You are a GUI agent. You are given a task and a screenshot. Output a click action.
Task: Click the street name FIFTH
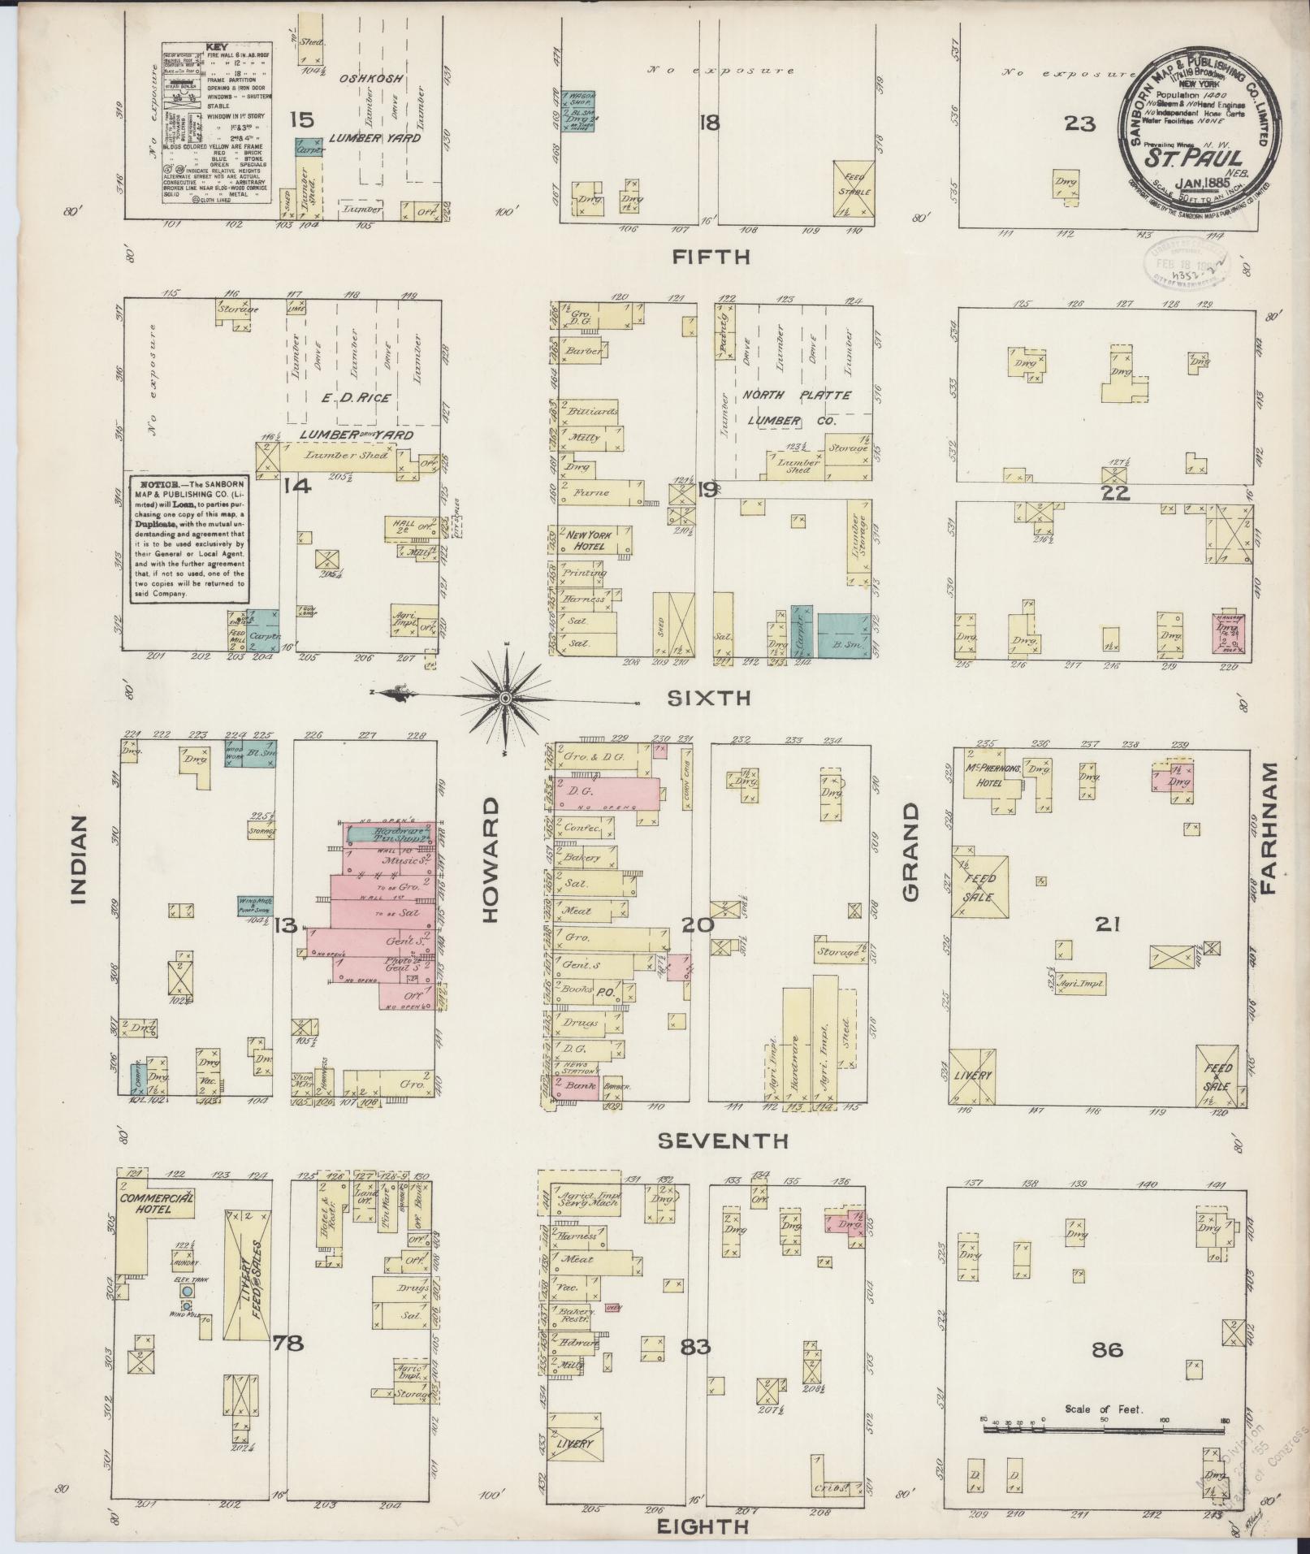coord(711,258)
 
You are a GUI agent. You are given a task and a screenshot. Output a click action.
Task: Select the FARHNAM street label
coord(1269,827)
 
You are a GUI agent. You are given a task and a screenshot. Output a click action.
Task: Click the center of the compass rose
coord(505,698)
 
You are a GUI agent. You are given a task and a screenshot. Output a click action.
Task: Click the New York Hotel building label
coord(590,541)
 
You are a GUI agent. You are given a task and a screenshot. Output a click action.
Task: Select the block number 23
coord(1080,123)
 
